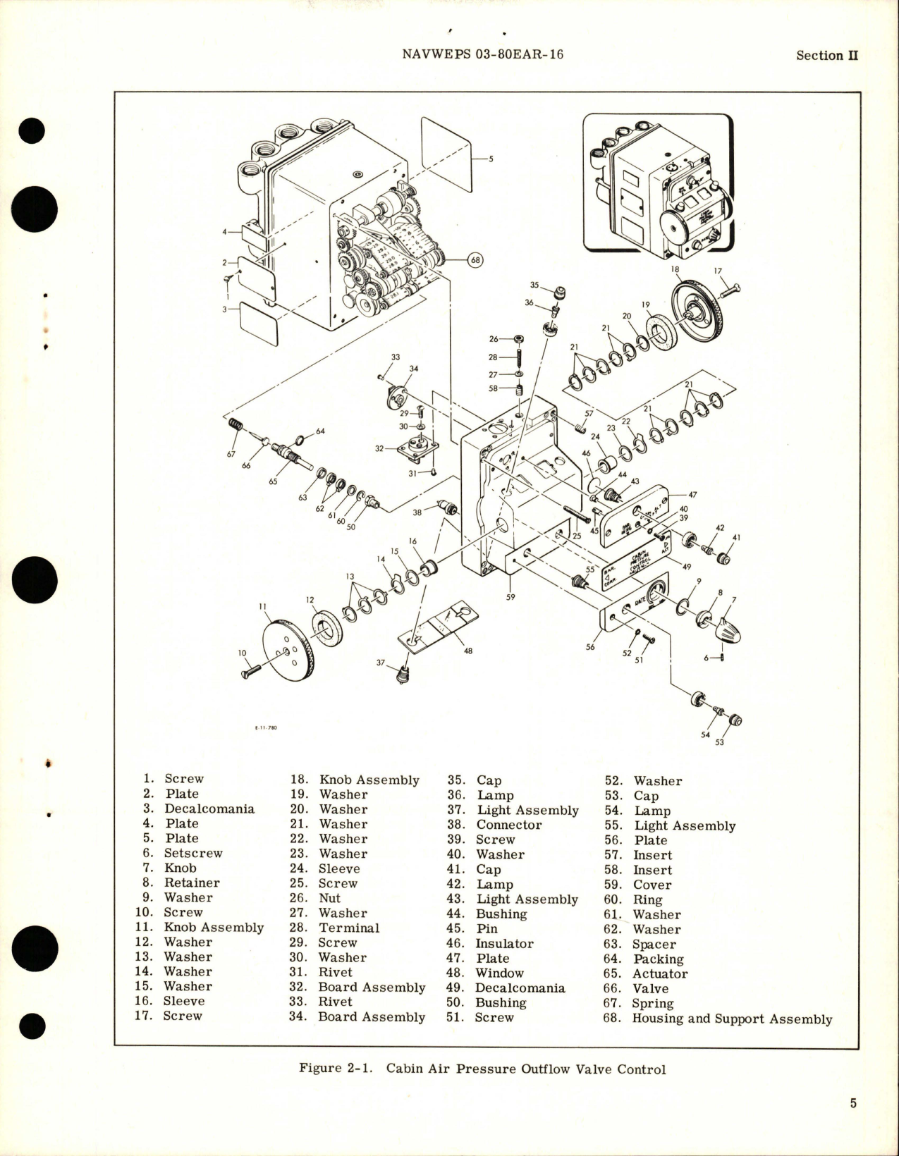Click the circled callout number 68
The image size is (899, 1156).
tap(475, 260)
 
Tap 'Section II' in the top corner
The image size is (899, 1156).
tap(826, 56)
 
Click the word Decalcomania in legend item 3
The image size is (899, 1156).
tap(209, 808)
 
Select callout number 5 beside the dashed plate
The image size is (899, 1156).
tap(491, 159)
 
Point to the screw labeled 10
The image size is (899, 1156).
tap(252, 670)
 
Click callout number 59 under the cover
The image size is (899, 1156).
tap(510, 597)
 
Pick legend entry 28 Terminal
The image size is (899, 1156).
tap(348, 928)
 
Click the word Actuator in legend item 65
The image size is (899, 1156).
tap(660, 973)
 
